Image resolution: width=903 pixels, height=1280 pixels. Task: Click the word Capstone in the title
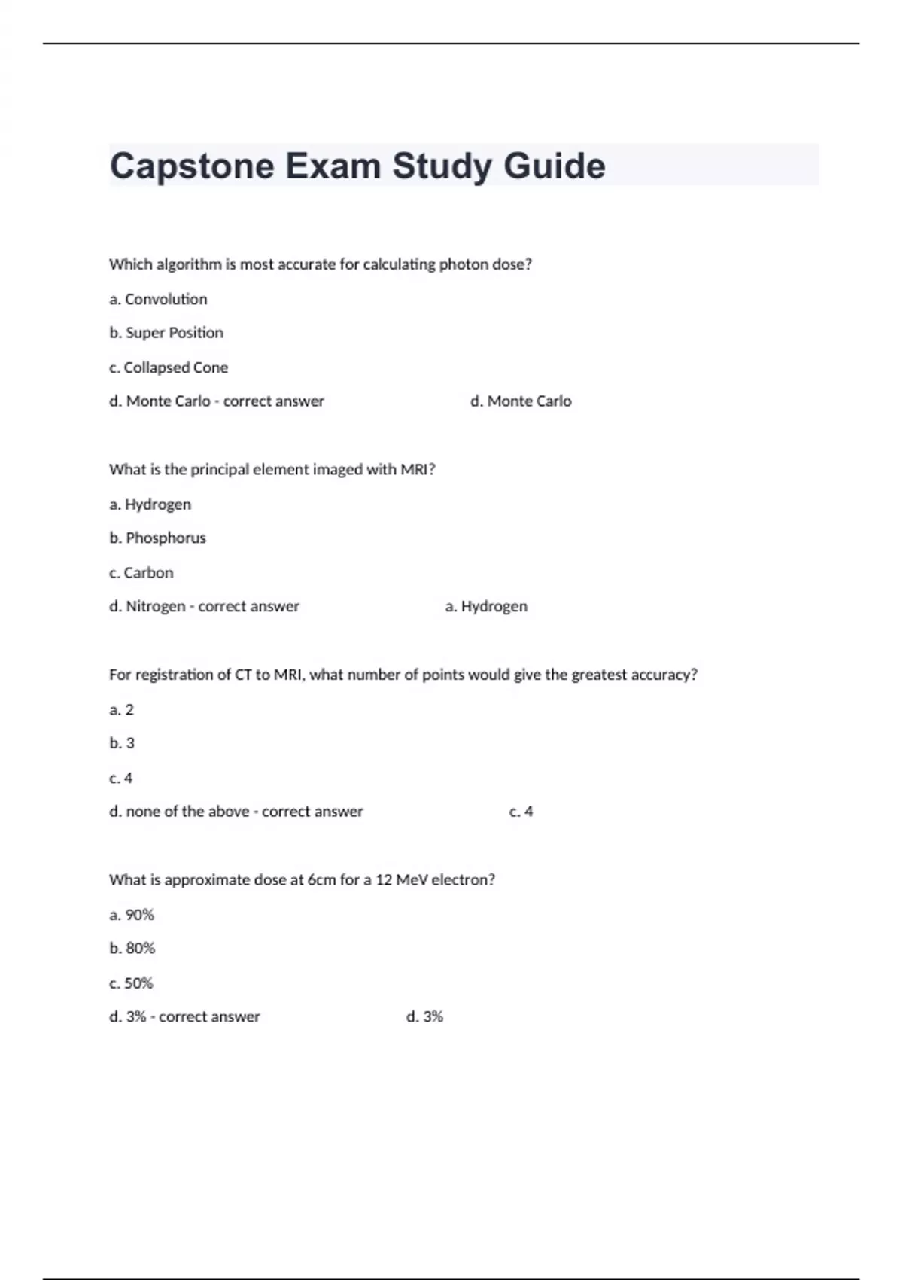192,166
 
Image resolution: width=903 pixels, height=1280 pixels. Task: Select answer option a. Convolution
158,299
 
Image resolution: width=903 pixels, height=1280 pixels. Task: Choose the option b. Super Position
166,333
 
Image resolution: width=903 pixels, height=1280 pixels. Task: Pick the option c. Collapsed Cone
169,367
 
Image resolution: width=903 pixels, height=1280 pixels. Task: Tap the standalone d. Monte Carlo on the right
521,401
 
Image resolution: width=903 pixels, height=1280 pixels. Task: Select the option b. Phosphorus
157,538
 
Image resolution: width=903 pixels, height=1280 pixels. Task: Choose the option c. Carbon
141,573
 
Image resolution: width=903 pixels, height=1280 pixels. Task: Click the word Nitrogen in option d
155,606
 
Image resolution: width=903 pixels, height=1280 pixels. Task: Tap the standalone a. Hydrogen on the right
486,606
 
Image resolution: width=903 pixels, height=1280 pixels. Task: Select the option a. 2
121,709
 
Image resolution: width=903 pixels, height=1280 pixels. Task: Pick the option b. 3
122,743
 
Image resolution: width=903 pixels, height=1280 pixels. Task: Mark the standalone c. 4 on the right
521,812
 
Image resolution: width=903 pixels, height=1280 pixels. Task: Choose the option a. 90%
132,915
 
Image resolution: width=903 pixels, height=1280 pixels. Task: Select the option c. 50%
131,983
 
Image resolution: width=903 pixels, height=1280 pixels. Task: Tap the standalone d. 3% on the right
424,1017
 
